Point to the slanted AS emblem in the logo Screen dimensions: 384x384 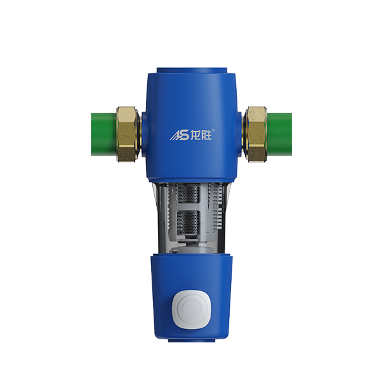tap(177, 135)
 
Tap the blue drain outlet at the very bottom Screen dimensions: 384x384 tap(192, 342)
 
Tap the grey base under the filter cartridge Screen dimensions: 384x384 tap(192, 243)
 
